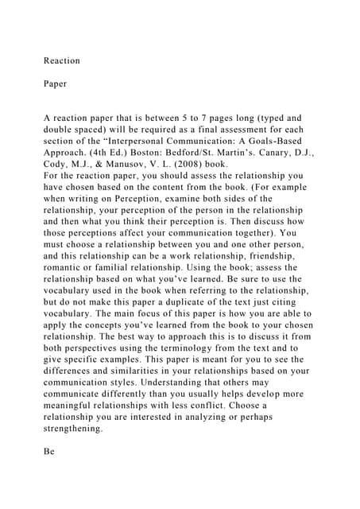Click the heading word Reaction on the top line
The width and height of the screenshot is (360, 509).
(x=61, y=60)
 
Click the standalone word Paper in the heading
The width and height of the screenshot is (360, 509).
(x=56, y=82)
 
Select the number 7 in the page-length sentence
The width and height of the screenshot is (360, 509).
(x=196, y=119)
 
